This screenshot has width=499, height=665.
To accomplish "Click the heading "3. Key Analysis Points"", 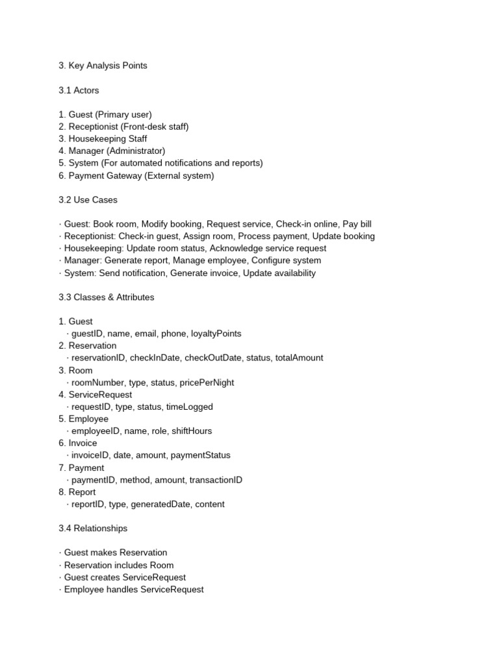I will click(103, 66).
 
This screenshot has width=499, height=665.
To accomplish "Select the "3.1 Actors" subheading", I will click(79, 90).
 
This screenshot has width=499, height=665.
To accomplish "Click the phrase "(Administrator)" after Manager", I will click(136, 151).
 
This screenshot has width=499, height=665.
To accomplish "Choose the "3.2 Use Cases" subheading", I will click(88, 200).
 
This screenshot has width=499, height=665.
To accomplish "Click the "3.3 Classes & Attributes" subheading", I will click(107, 297).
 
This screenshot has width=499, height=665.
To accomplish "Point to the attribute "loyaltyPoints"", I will click(216, 334).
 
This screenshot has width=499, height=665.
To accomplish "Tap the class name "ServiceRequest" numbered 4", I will click(100, 395).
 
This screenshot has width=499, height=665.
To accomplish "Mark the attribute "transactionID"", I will click(214, 480).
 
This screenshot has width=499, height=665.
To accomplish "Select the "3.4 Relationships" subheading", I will click(93, 529).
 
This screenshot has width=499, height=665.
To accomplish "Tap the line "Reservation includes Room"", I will click(119, 566).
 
